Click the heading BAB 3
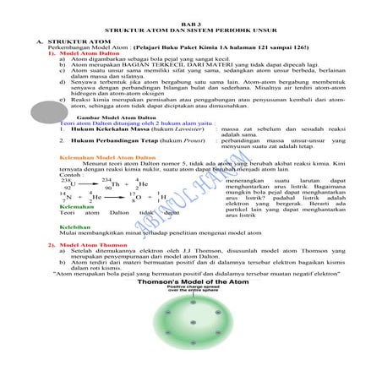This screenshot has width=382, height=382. pyautogui.click(x=190, y=17)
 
